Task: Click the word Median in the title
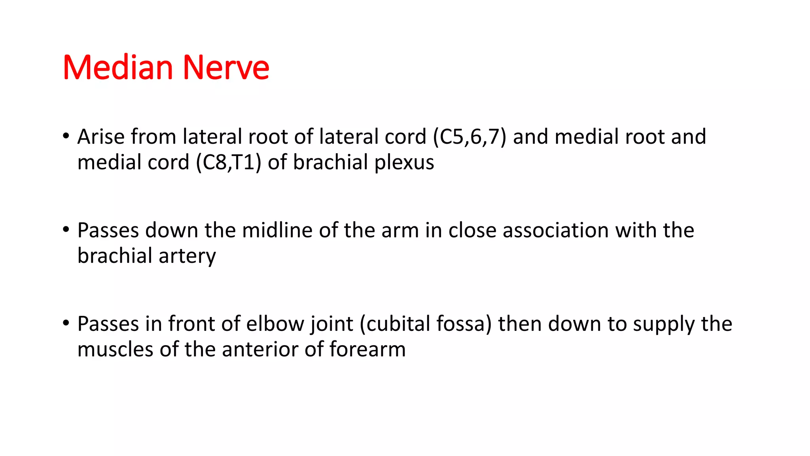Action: pos(117,68)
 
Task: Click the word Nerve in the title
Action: pos(225,68)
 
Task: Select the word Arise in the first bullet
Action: pos(101,137)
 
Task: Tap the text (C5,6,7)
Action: pos(469,137)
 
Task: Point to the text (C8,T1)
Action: pos(229,162)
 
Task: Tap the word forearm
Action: pos(367,350)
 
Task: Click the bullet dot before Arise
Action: pos(66,136)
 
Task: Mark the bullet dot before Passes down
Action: pos(66,230)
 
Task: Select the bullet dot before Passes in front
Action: pos(66,323)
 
